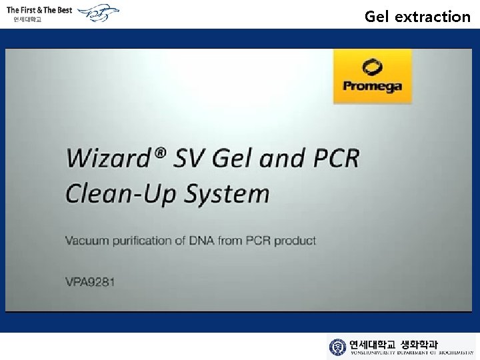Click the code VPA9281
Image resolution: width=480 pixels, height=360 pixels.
click(x=90, y=281)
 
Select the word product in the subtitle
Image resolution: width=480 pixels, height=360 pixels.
click(x=296, y=240)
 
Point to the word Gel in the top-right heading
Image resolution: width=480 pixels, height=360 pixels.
click(x=377, y=16)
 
